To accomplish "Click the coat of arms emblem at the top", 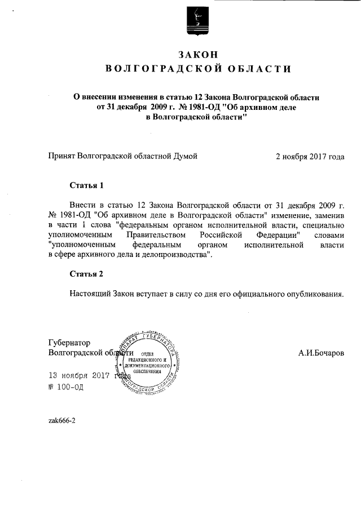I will point(197,21).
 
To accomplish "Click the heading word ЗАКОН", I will point(197,54).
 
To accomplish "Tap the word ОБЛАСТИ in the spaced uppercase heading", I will point(257,69).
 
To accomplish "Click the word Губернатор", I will point(69,343).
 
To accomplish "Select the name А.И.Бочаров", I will point(321,353).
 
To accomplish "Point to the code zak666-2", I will point(62,420).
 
